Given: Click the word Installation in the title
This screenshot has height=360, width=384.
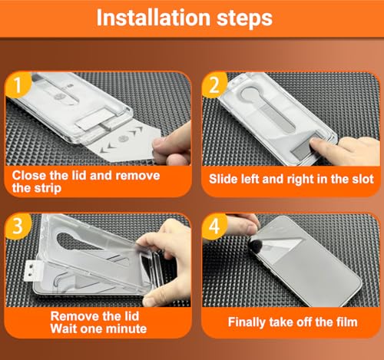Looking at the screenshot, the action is coord(154,18).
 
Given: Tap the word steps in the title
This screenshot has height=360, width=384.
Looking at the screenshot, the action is coord(244,18).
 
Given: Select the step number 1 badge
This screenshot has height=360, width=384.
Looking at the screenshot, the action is coord(18,85).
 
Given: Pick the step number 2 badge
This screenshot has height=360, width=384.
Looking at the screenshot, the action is coord(214,85).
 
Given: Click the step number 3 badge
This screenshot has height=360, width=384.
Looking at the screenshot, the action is coord(18,226).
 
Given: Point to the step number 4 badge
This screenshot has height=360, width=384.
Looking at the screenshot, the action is coord(214,226).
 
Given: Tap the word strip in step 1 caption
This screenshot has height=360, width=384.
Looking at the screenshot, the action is coord(48,188).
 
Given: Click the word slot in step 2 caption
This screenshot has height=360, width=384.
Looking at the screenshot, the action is coord(363,179).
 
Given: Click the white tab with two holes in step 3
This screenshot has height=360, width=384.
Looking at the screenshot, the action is coord(33,271).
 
